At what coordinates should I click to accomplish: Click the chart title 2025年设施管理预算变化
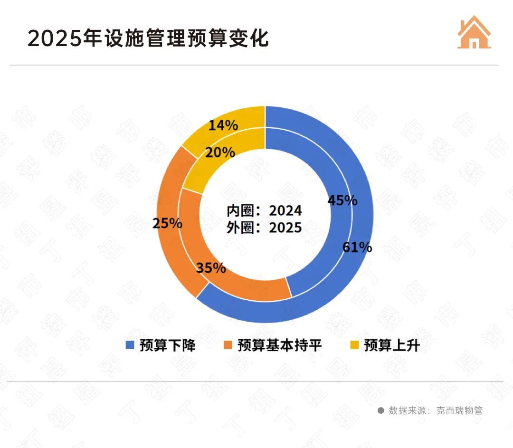pos(148,38)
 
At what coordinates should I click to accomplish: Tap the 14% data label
pos(223,125)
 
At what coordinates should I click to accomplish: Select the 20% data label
pos(220,153)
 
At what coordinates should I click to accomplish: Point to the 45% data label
pos(342,200)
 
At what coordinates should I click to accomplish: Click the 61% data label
pos(357,247)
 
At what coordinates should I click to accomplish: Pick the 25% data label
pos(167,223)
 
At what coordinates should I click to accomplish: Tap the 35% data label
pos(211,268)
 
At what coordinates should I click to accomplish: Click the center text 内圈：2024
pos(264,210)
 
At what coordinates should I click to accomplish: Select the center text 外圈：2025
pos(264,228)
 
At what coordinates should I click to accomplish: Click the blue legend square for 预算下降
pos(130,345)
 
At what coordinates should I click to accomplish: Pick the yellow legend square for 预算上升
pos(354,345)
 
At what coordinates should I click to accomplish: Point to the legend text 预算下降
pos(167,345)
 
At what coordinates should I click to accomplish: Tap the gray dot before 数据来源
pos(380,410)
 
